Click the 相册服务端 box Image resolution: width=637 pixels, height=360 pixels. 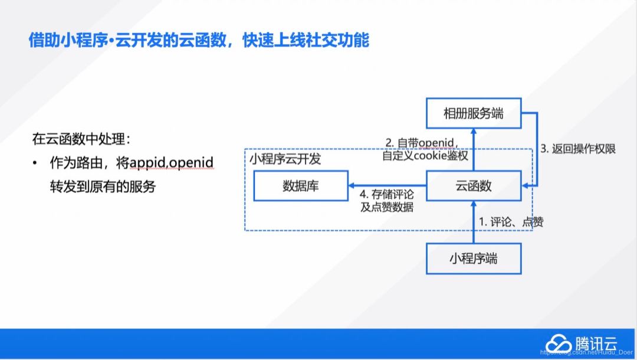coord(474,113)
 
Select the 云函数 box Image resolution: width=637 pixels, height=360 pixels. coord(474,186)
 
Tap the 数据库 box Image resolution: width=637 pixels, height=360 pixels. coord(300,186)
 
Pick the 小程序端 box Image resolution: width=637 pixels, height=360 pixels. coord(474,258)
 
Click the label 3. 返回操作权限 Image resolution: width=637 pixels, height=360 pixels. coord(578,149)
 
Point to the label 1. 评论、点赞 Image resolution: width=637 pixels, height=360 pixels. coord(511,222)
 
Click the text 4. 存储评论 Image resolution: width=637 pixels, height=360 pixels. coord(387,193)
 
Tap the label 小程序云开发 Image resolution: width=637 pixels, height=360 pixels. coord(285,159)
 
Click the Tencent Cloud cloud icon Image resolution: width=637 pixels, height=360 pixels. coord(557,344)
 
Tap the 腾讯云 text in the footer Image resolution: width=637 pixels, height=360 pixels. coord(597,344)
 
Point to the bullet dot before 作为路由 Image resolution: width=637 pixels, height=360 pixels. coord(35,162)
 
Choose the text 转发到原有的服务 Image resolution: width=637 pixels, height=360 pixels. coord(103,186)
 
